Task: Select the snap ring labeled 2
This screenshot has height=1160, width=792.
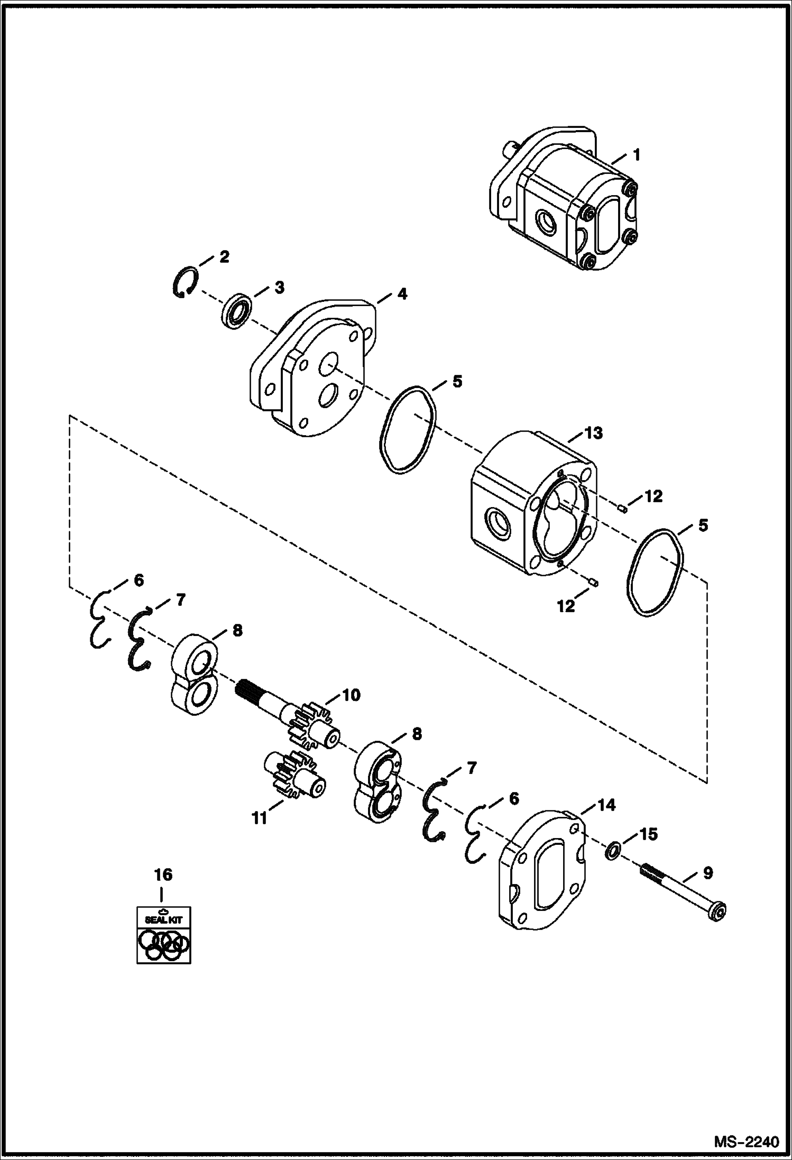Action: coord(185,283)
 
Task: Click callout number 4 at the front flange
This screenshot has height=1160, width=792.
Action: coord(402,294)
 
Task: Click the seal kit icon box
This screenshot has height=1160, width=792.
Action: coord(161,934)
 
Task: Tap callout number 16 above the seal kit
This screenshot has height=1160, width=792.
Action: coord(163,874)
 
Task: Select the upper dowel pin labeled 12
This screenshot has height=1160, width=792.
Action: coord(623,509)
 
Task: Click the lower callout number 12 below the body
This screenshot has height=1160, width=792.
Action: coord(565,606)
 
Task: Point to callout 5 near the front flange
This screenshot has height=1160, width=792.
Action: coord(456,381)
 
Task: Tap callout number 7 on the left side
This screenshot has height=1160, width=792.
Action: coord(180,600)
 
